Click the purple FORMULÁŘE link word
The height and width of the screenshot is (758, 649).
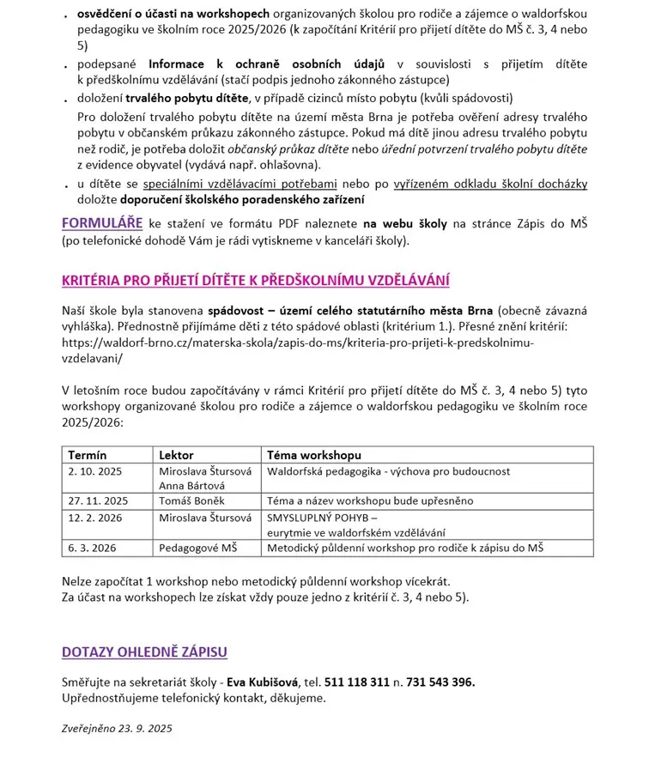pyautogui.click(x=102, y=223)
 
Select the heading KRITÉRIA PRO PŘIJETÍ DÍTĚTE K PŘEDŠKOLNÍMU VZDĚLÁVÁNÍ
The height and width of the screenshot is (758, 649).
pyautogui.click(x=256, y=281)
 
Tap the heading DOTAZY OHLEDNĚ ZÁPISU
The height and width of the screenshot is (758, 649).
pyautogui.click(x=144, y=652)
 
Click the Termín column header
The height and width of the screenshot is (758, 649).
pyautogui.click(x=88, y=455)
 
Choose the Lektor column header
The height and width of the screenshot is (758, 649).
pyautogui.click(x=177, y=455)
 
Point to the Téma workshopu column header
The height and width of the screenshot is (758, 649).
pyautogui.click(x=314, y=455)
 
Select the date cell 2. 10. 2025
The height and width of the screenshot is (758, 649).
pyautogui.click(x=94, y=471)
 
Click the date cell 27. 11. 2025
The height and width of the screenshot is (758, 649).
pyautogui.click(x=98, y=500)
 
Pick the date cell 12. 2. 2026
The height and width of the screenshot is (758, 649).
pyautogui.click(x=94, y=518)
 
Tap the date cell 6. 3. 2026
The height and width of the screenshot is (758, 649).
pyautogui.click(x=91, y=547)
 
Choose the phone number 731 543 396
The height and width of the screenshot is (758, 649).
pyautogui.click(x=440, y=682)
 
